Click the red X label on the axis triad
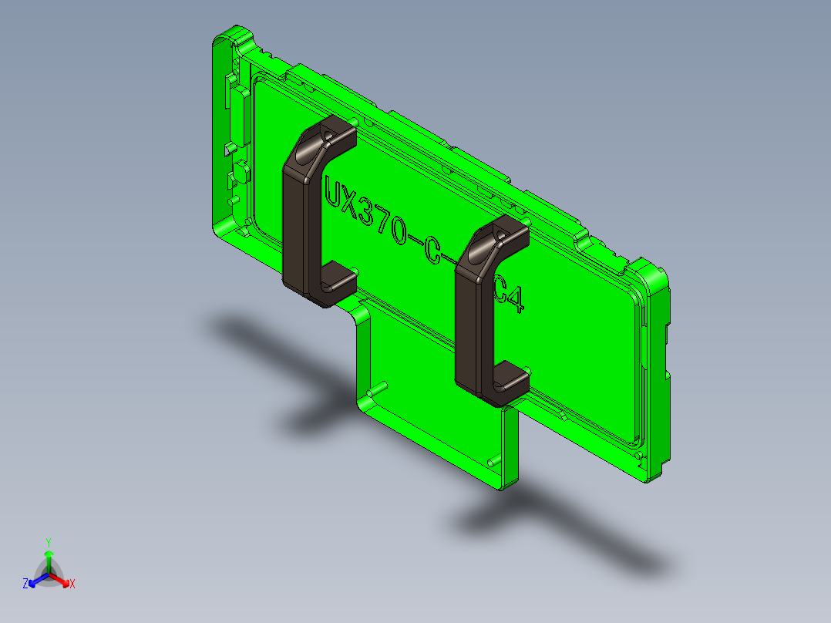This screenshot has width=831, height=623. (72, 584)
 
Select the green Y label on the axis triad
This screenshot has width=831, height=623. (48, 542)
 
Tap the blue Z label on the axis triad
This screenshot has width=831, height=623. (25, 584)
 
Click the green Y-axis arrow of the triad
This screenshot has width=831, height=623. (48, 561)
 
